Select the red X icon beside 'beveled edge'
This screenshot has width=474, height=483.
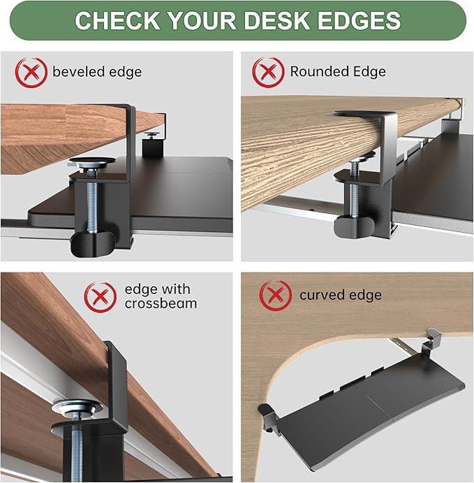tap(31, 71)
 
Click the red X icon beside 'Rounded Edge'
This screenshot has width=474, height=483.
tap(269, 71)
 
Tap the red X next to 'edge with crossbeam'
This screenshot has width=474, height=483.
tap(100, 296)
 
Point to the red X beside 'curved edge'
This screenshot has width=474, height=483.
tap(276, 295)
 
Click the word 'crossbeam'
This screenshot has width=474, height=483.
tap(161, 303)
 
